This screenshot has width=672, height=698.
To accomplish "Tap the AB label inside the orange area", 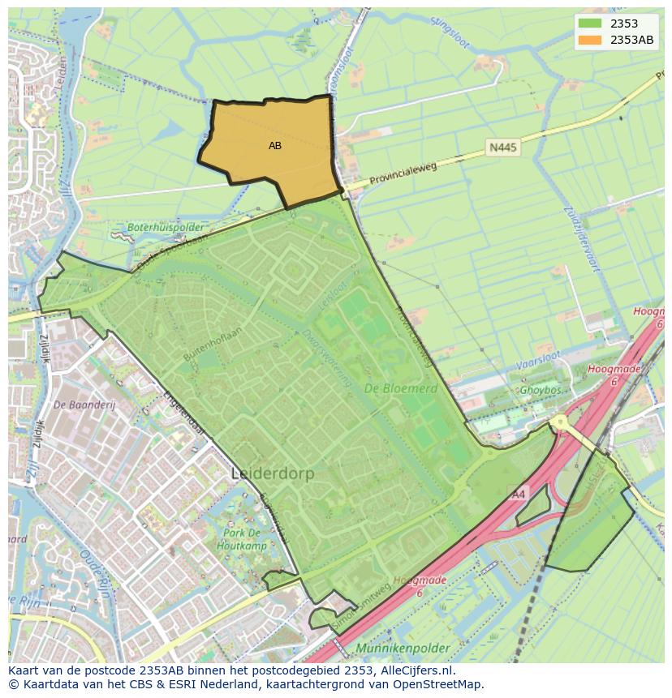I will tap(275, 146).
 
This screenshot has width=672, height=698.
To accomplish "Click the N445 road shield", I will tap(502, 148).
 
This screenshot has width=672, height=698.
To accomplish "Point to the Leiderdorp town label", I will tap(272, 473).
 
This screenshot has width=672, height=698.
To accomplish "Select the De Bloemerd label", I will tap(400, 388).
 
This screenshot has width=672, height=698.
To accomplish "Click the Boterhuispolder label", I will tap(165, 229).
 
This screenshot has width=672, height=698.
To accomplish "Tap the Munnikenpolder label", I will tap(402, 649).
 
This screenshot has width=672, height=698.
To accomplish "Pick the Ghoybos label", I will tap(541, 389).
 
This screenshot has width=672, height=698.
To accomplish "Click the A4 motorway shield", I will tap(518, 494).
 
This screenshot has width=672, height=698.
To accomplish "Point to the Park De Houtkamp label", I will tap(243, 539).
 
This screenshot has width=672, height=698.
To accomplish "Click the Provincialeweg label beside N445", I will tap(403, 173).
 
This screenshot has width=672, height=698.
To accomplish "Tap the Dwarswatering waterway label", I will tap(323, 357).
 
